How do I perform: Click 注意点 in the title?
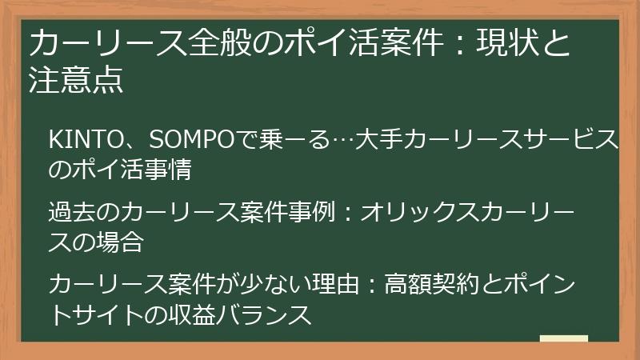pyautogui.click(x=77, y=81)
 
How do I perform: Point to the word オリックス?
pyautogui.click(x=412, y=213)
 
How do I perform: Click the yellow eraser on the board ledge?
pyautogui.click(x=564, y=341)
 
